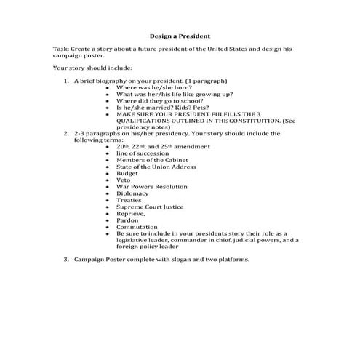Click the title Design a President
(x=180, y=35)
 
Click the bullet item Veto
(x=123, y=180)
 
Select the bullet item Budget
(x=127, y=173)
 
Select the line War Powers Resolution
(x=151, y=187)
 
